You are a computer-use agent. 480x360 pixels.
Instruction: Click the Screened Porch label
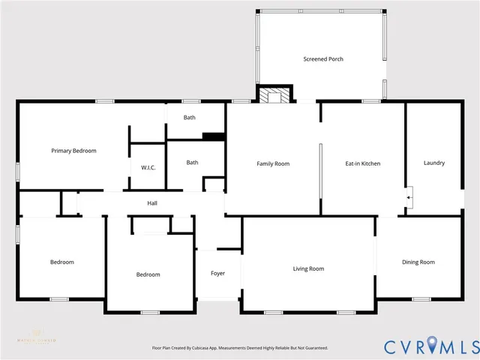(323, 59)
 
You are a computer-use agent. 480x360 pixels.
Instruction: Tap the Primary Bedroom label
(73, 151)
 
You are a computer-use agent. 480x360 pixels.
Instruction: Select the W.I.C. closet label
(148, 167)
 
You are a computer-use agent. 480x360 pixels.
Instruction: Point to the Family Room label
(273, 163)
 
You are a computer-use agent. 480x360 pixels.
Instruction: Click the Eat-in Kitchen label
(364, 163)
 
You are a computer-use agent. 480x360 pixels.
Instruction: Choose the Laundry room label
(434, 163)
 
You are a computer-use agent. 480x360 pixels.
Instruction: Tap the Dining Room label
(418, 262)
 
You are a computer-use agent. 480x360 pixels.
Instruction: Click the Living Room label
(308, 268)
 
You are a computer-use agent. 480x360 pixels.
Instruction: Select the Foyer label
(217, 273)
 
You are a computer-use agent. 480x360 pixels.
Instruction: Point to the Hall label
(152, 203)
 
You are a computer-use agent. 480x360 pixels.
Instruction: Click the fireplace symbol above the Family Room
(274, 95)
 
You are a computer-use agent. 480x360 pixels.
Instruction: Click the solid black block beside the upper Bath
(214, 136)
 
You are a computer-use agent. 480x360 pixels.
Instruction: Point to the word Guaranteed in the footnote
(312, 348)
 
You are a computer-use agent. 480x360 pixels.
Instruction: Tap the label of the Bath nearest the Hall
(193, 162)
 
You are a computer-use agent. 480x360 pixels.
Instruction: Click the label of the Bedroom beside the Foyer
(148, 274)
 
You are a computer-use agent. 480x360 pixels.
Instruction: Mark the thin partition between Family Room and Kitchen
(320, 172)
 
